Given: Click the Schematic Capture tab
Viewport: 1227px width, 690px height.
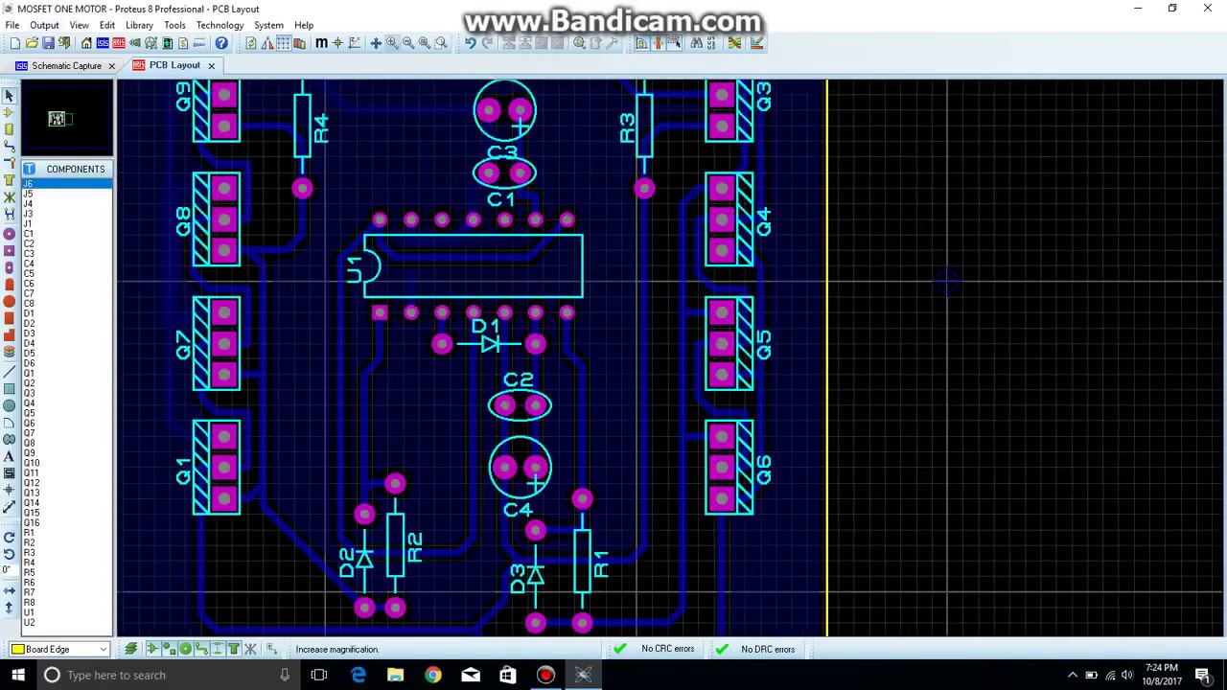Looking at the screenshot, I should (65, 65).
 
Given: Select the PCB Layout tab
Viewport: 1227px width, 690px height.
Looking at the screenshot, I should (174, 65).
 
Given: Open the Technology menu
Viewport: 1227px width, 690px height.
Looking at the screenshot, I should (220, 25).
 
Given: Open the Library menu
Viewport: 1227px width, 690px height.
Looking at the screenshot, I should (139, 25).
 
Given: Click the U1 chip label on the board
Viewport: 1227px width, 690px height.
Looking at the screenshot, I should (354, 268).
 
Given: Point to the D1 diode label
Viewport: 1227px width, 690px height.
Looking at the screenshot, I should (485, 326).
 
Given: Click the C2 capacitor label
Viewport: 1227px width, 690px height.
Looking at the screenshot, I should (518, 380).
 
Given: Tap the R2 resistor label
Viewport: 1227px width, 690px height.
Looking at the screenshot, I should (414, 547).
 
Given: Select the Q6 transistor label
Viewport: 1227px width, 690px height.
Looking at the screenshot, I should (763, 469).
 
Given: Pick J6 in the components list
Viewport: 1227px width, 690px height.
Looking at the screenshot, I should (28, 183).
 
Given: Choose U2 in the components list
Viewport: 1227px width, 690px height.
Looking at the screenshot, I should (29, 623).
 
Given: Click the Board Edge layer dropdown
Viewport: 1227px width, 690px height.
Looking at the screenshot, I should (60, 649).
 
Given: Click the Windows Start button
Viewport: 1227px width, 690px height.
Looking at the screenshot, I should (17, 675).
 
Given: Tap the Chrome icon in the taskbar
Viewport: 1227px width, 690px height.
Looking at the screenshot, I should (433, 675).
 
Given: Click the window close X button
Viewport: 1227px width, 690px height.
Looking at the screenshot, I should (1207, 9).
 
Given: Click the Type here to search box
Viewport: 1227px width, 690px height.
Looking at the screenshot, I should (163, 675).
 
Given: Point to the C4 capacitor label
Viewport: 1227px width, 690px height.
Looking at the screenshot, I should (518, 510).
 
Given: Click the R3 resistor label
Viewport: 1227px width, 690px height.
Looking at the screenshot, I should (627, 128).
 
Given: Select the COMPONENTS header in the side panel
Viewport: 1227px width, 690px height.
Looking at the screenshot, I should (75, 169).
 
